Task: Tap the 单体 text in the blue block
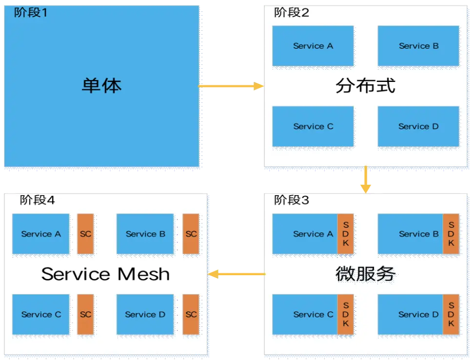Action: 101,85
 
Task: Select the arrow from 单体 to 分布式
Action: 231,86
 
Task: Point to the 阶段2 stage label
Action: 292,13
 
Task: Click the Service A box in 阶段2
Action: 313,46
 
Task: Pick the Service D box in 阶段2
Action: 418,126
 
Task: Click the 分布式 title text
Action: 365,86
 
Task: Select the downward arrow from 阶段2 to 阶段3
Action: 365,180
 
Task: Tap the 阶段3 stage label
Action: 292,200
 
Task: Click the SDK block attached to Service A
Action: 346,234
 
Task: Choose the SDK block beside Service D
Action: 451,314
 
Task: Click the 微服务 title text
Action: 365,274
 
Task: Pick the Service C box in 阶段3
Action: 305,314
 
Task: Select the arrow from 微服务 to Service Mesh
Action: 237,275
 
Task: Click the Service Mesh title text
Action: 106,274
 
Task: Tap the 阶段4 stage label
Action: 37,200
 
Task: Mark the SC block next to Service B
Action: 191,234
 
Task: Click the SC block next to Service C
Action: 85,314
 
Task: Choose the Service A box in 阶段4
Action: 41,234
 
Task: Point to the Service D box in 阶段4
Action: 145,314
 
